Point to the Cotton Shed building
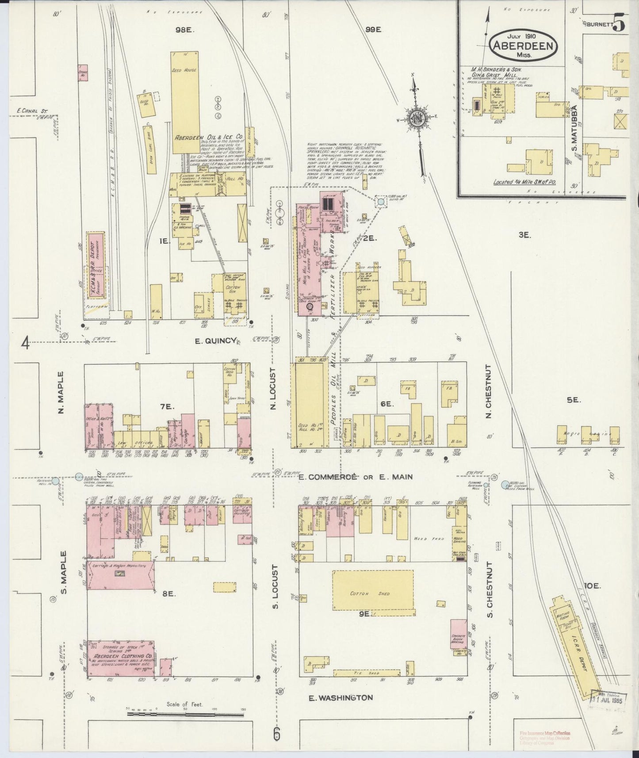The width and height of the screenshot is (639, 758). click(372, 593)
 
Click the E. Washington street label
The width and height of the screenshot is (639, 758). click(340, 698)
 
